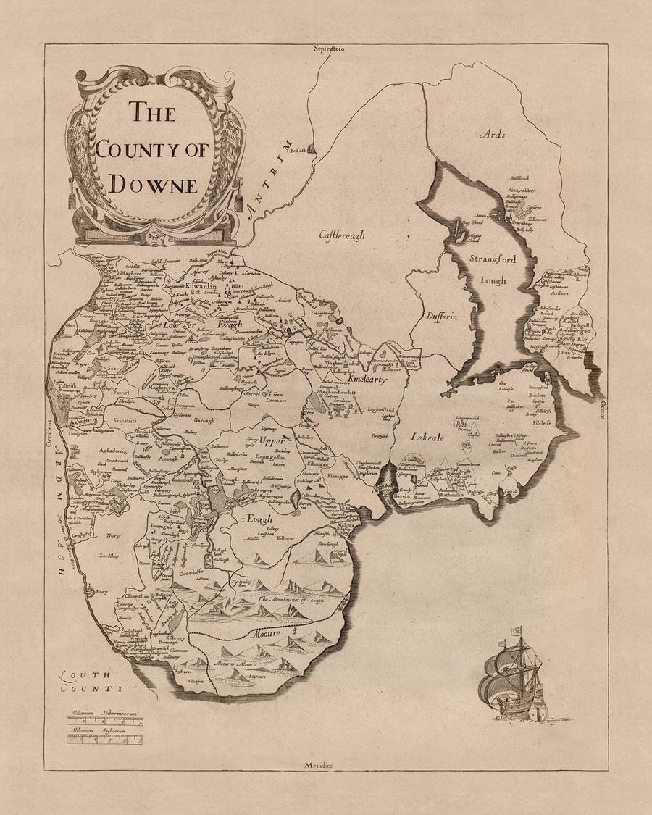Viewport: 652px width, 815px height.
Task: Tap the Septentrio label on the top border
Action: [327, 49]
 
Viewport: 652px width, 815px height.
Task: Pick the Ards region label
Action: [491, 134]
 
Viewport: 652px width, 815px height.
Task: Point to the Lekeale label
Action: [427, 437]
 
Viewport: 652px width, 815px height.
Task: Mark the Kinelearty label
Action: [367, 379]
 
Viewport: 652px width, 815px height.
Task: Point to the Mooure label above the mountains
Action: [266, 632]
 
